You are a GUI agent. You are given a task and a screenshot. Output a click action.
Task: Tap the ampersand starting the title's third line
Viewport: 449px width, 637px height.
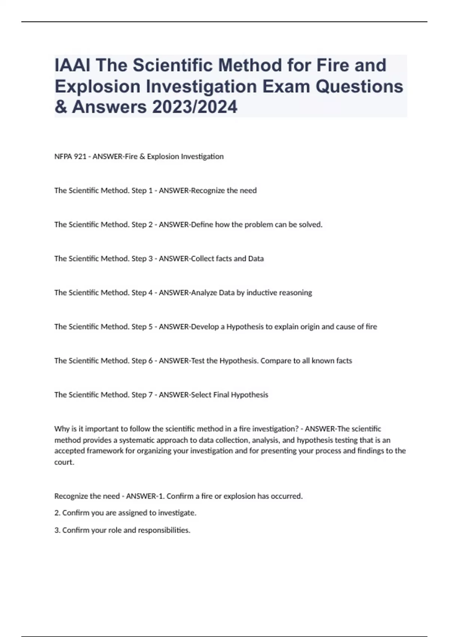60,107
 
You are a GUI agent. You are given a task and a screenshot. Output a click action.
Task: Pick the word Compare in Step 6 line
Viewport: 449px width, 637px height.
275,361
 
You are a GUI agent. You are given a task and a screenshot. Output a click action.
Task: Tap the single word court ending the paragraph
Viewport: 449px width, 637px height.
64,462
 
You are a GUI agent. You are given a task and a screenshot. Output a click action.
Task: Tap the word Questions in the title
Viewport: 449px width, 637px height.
360,86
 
